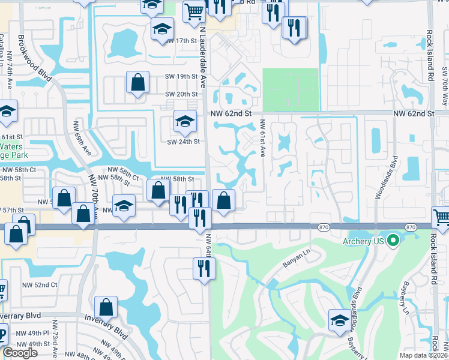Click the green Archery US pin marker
point(393,241)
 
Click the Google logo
point(20,353)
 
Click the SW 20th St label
point(181,94)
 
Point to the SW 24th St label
point(183,142)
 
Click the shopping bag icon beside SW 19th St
point(137,83)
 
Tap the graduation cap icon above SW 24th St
point(185,122)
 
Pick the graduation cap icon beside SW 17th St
point(161,29)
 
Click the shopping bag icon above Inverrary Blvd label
point(106,307)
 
